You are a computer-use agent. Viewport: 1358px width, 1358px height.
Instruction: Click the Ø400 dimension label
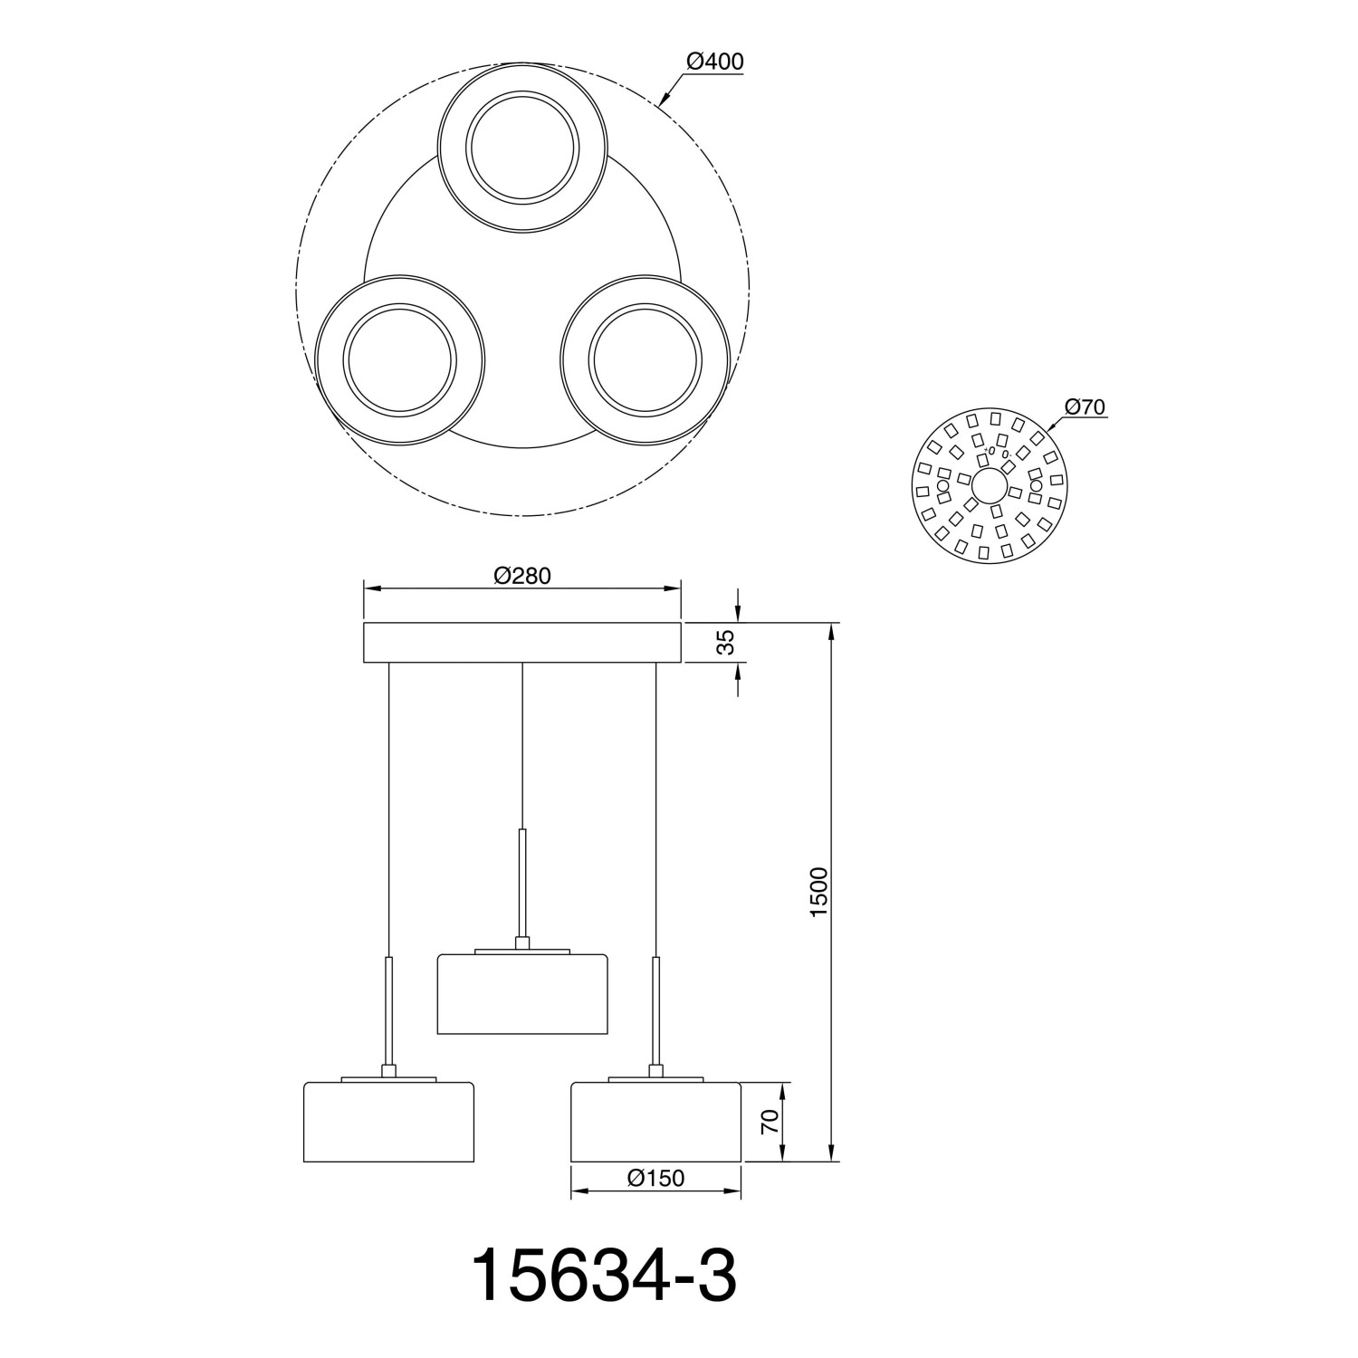click(x=714, y=62)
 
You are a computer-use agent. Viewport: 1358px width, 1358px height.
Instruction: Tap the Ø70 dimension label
click(x=1085, y=407)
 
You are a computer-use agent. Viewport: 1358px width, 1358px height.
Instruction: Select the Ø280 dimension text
click(x=522, y=576)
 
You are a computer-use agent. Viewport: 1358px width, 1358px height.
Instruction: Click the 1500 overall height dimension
click(x=818, y=892)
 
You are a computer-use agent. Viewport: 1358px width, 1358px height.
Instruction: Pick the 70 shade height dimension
click(x=770, y=1122)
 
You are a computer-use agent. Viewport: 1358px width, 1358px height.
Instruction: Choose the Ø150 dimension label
click(x=655, y=1178)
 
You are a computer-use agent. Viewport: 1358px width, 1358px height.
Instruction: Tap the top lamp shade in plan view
click(x=521, y=148)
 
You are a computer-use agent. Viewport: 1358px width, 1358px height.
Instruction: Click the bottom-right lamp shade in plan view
click(x=644, y=360)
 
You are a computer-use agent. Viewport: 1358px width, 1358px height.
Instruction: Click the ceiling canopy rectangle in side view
click(x=521, y=642)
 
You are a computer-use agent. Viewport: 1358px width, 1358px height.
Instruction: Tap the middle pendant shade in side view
click(x=522, y=993)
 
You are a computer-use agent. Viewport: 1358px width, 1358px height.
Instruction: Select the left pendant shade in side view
click(x=387, y=1122)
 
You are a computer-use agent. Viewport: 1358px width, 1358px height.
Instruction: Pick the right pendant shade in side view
click(x=655, y=1122)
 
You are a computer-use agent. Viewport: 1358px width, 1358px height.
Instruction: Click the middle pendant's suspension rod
click(x=522, y=883)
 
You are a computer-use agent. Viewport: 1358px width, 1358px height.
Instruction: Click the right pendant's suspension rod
click(x=655, y=1009)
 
